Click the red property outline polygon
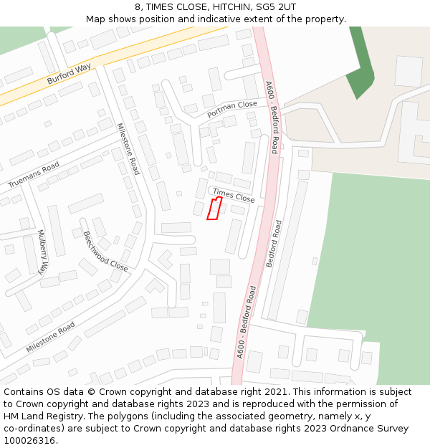213,209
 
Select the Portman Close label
231,109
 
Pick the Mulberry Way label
42,252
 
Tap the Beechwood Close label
105,252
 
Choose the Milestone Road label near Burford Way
128,149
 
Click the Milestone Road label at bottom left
50,337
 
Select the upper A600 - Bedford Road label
272,117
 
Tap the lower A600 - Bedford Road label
246,322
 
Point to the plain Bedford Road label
274,243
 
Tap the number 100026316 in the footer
29,440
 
